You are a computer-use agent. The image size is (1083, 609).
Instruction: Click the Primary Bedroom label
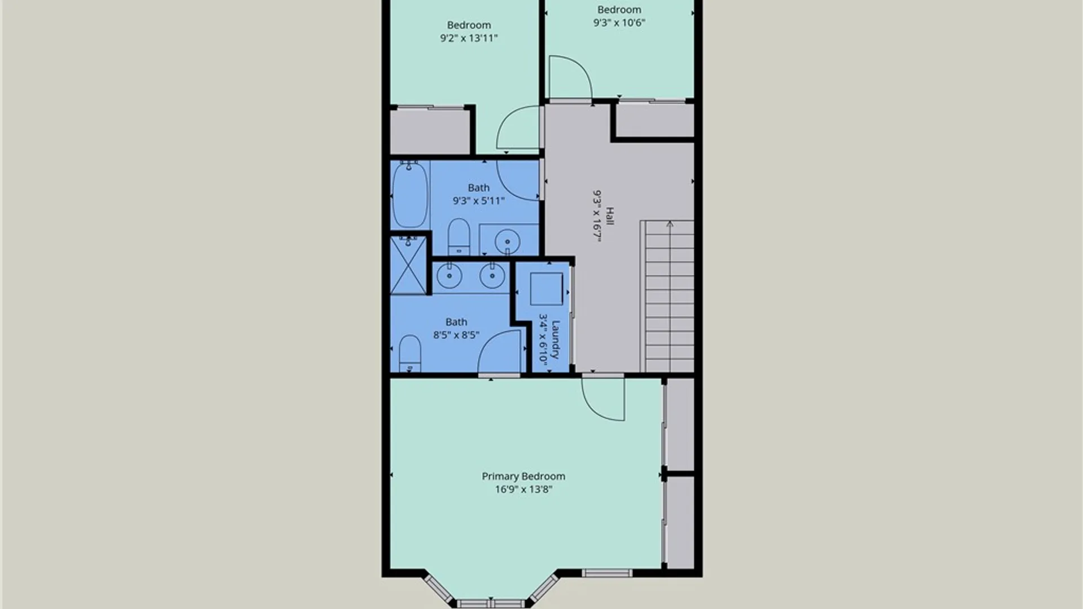[x=523, y=476]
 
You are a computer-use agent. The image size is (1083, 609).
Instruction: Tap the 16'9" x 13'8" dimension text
[x=523, y=489]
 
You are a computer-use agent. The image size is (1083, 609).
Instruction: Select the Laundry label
[x=556, y=339]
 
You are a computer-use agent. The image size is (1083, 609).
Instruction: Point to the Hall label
[x=610, y=216]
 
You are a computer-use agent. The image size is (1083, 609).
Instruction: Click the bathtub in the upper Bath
[x=410, y=195]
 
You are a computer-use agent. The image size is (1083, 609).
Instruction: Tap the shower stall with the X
[x=408, y=265]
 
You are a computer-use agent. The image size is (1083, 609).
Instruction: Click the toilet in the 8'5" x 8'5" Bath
[x=410, y=354]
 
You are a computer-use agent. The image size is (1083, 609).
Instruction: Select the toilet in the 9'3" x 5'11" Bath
[x=459, y=237]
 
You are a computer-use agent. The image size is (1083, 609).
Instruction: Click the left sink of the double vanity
[x=450, y=276]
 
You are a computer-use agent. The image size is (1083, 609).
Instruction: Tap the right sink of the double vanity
[x=492, y=276]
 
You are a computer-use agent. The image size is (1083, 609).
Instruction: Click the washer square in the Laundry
[x=546, y=289]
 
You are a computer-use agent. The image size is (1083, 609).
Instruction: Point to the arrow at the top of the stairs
[x=670, y=224]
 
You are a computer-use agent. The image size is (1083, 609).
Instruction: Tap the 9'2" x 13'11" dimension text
[x=469, y=38]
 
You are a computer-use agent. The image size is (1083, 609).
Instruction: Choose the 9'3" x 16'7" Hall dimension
[x=597, y=216]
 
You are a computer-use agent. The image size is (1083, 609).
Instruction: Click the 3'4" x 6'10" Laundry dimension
[x=543, y=339]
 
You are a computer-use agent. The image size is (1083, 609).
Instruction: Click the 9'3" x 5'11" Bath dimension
[x=478, y=201]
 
